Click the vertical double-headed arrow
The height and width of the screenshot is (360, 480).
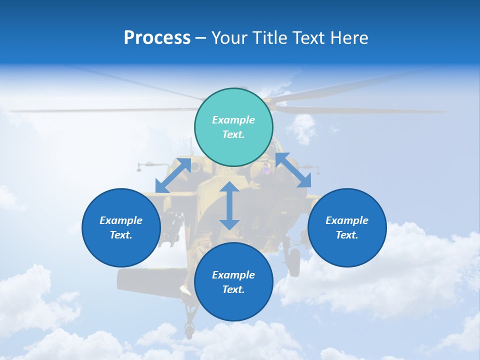click(x=229, y=205)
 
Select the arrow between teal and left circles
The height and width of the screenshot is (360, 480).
click(x=173, y=175)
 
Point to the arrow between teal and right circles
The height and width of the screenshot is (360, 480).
click(x=293, y=170)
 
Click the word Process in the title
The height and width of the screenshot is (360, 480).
click(x=157, y=38)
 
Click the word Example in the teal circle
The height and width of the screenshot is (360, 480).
click(x=233, y=120)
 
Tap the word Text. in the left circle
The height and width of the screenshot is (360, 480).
click(x=121, y=235)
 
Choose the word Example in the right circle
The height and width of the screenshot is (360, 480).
click(x=347, y=220)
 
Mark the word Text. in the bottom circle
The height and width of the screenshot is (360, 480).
click(x=233, y=289)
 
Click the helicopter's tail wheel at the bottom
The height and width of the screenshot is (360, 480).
click(x=189, y=329)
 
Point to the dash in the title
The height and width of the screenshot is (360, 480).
click(x=201, y=38)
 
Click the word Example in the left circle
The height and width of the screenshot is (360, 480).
click(x=121, y=220)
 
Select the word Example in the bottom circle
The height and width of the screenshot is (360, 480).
click(x=233, y=275)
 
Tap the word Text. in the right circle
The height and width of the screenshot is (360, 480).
click(x=347, y=235)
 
